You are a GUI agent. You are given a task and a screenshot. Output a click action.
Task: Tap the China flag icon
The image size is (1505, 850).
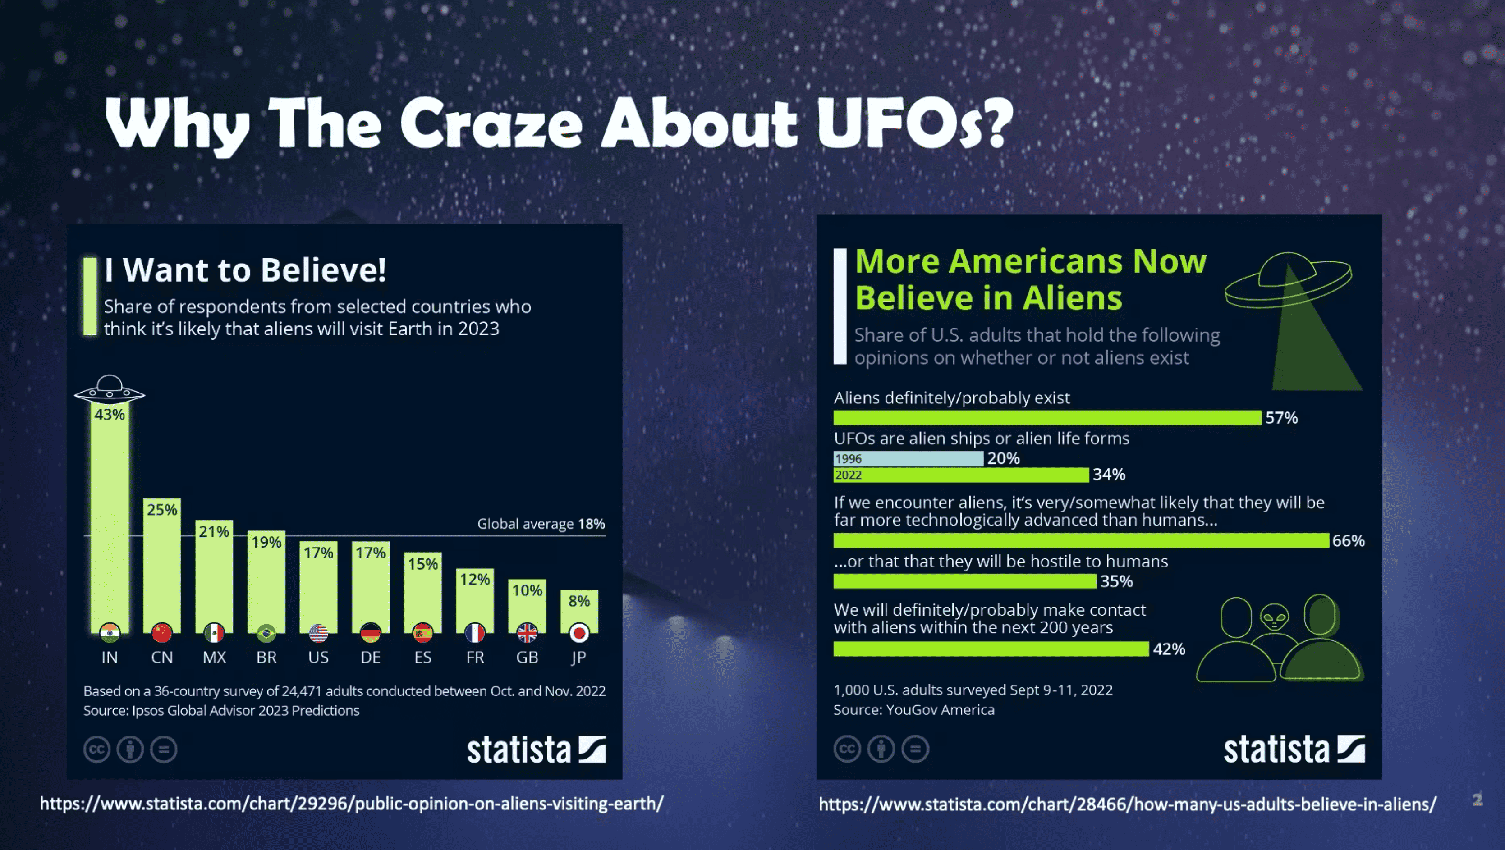click(162, 633)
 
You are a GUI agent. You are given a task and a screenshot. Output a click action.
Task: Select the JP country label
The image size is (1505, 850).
click(578, 657)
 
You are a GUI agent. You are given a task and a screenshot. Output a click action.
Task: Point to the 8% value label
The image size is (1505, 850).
click(579, 601)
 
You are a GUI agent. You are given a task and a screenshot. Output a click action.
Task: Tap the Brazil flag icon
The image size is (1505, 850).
click(266, 633)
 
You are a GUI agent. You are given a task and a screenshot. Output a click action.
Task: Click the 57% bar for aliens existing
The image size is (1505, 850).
click(1047, 418)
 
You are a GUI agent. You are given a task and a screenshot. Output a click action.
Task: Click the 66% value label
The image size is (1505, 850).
click(1349, 540)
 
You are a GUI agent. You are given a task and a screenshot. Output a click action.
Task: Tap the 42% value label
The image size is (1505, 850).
click(1169, 649)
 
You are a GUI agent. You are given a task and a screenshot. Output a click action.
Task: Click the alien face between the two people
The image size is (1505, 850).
click(1274, 617)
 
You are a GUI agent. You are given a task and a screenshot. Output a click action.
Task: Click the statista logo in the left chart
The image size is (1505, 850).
click(536, 749)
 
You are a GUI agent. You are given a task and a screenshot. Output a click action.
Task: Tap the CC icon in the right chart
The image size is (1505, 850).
click(847, 749)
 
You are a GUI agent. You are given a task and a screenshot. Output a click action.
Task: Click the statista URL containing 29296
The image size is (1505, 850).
click(352, 804)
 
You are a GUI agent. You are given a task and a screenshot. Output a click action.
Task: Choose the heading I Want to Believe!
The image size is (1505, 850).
click(245, 270)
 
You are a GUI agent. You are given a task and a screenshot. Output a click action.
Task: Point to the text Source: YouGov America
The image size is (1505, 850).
click(914, 710)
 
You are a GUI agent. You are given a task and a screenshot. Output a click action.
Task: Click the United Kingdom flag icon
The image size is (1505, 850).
click(527, 633)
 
